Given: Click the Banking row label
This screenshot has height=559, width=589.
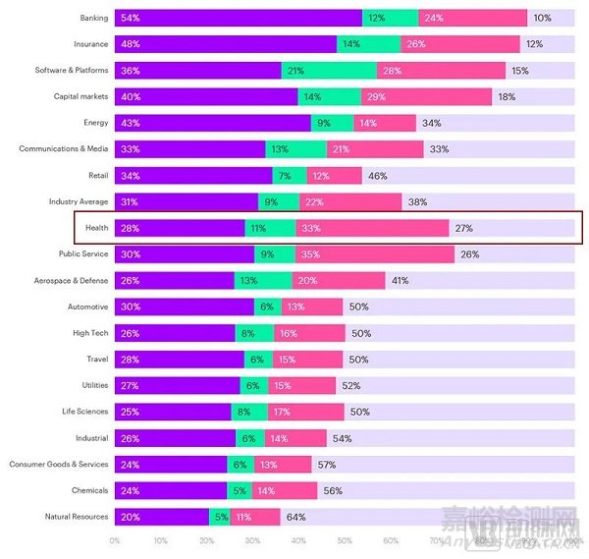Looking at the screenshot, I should click(x=93, y=18).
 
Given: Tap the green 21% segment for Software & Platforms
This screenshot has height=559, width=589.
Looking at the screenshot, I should click(x=329, y=71).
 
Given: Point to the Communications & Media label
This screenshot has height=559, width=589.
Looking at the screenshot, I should click(x=64, y=149).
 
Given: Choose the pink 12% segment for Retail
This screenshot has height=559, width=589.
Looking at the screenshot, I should click(x=320, y=175).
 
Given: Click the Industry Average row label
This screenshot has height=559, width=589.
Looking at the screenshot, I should click(x=79, y=201).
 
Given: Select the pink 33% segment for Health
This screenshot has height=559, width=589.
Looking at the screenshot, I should click(x=372, y=228).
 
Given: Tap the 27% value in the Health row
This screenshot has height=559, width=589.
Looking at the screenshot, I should click(x=464, y=228).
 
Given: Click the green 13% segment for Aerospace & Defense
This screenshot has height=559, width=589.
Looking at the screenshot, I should click(x=276, y=280).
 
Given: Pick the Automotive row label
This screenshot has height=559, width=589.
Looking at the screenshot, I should click(x=87, y=307).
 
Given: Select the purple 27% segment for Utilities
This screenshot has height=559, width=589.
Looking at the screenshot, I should click(x=178, y=385).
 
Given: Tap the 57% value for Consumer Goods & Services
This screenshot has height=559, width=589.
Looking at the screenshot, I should click(x=327, y=464).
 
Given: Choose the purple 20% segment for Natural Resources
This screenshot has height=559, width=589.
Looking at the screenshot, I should click(x=162, y=517).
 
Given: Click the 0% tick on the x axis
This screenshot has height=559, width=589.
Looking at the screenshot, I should click(x=115, y=540).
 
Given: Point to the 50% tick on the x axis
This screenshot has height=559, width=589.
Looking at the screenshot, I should click(x=345, y=540).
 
